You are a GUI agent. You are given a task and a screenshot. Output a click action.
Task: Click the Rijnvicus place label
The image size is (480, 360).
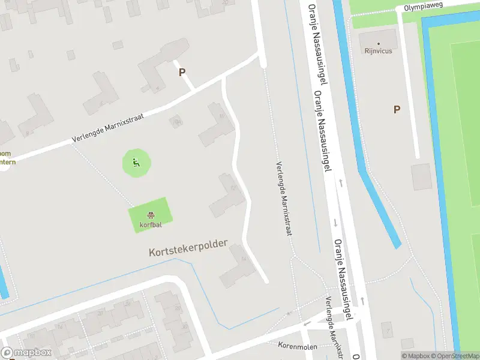[x=378, y=51]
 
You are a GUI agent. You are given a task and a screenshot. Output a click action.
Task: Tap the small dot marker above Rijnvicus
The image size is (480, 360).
[x=378, y=44]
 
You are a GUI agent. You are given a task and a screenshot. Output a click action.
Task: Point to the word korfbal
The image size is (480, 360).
[x=150, y=225]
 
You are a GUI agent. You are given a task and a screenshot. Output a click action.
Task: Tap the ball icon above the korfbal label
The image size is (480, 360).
[x=150, y=215]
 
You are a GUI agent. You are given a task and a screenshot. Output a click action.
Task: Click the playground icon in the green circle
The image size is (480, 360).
[x=137, y=161]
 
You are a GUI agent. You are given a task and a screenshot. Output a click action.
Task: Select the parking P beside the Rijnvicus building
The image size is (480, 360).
[x=397, y=109]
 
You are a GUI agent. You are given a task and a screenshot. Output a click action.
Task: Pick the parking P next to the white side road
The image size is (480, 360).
[x=182, y=72]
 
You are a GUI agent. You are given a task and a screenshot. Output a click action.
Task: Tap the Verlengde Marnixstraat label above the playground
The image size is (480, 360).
[x=108, y=128]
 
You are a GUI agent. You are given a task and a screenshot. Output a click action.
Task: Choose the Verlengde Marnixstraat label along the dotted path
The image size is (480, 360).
[x=283, y=198]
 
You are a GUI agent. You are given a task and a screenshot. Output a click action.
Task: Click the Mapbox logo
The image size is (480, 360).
[x=26, y=353]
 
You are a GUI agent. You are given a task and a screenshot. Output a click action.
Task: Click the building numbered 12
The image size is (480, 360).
[x=228, y=195]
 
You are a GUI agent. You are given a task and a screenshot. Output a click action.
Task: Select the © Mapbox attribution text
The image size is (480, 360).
[x=414, y=356]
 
